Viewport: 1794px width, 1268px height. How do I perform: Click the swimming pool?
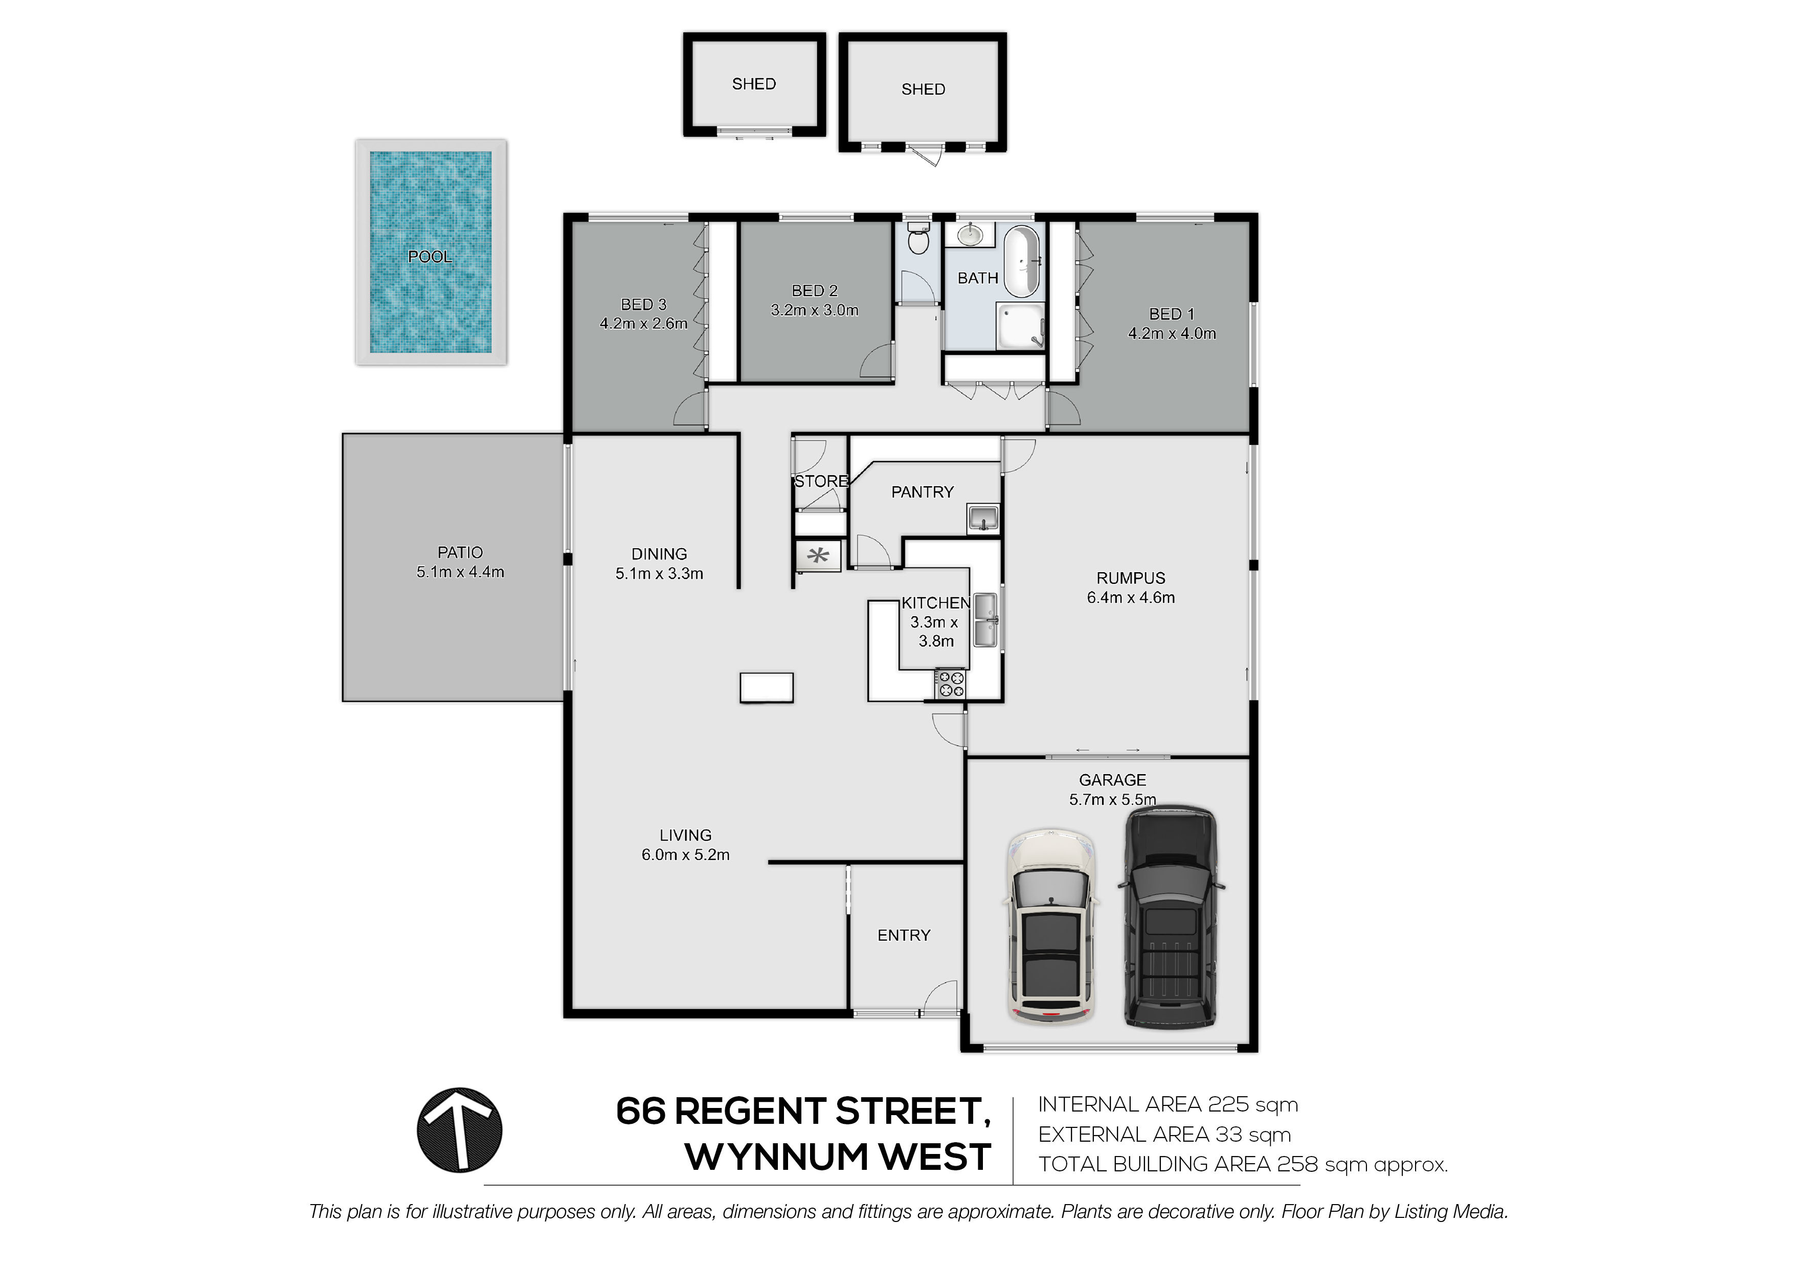tap(431, 253)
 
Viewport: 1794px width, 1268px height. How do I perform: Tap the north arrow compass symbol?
tap(459, 1130)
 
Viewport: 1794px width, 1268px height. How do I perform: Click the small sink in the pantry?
tap(983, 517)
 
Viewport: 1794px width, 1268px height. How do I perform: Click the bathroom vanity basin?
tap(970, 234)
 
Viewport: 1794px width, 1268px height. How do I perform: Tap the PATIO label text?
tap(460, 552)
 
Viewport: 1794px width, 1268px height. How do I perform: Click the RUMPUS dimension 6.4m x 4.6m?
tap(1131, 598)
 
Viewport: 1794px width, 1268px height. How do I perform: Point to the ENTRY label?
tap(904, 935)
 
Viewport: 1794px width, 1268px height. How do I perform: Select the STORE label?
tap(821, 481)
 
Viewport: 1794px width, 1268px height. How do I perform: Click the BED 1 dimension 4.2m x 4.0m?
tap(1172, 333)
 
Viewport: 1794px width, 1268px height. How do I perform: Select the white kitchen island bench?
tap(767, 688)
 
